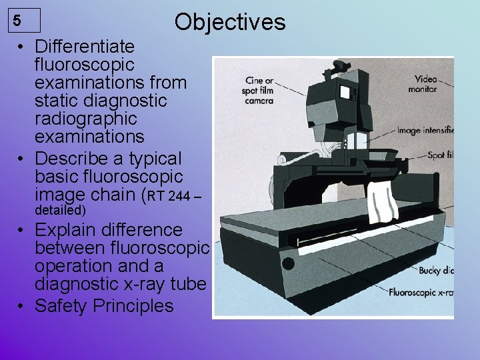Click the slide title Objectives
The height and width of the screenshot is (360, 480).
point(229,22)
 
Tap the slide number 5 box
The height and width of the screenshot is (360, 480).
point(25,21)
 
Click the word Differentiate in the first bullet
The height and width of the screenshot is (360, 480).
point(84,47)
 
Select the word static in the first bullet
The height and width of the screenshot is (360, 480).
point(57,101)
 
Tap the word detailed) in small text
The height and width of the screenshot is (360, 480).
point(60,211)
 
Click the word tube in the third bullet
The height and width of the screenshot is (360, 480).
point(187,284)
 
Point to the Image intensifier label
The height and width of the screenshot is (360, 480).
point(425,131)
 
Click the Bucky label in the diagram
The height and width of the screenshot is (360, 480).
point(436,271)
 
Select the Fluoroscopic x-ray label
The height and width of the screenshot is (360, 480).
point(421,292)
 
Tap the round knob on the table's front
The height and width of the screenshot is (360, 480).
point(288,263)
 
